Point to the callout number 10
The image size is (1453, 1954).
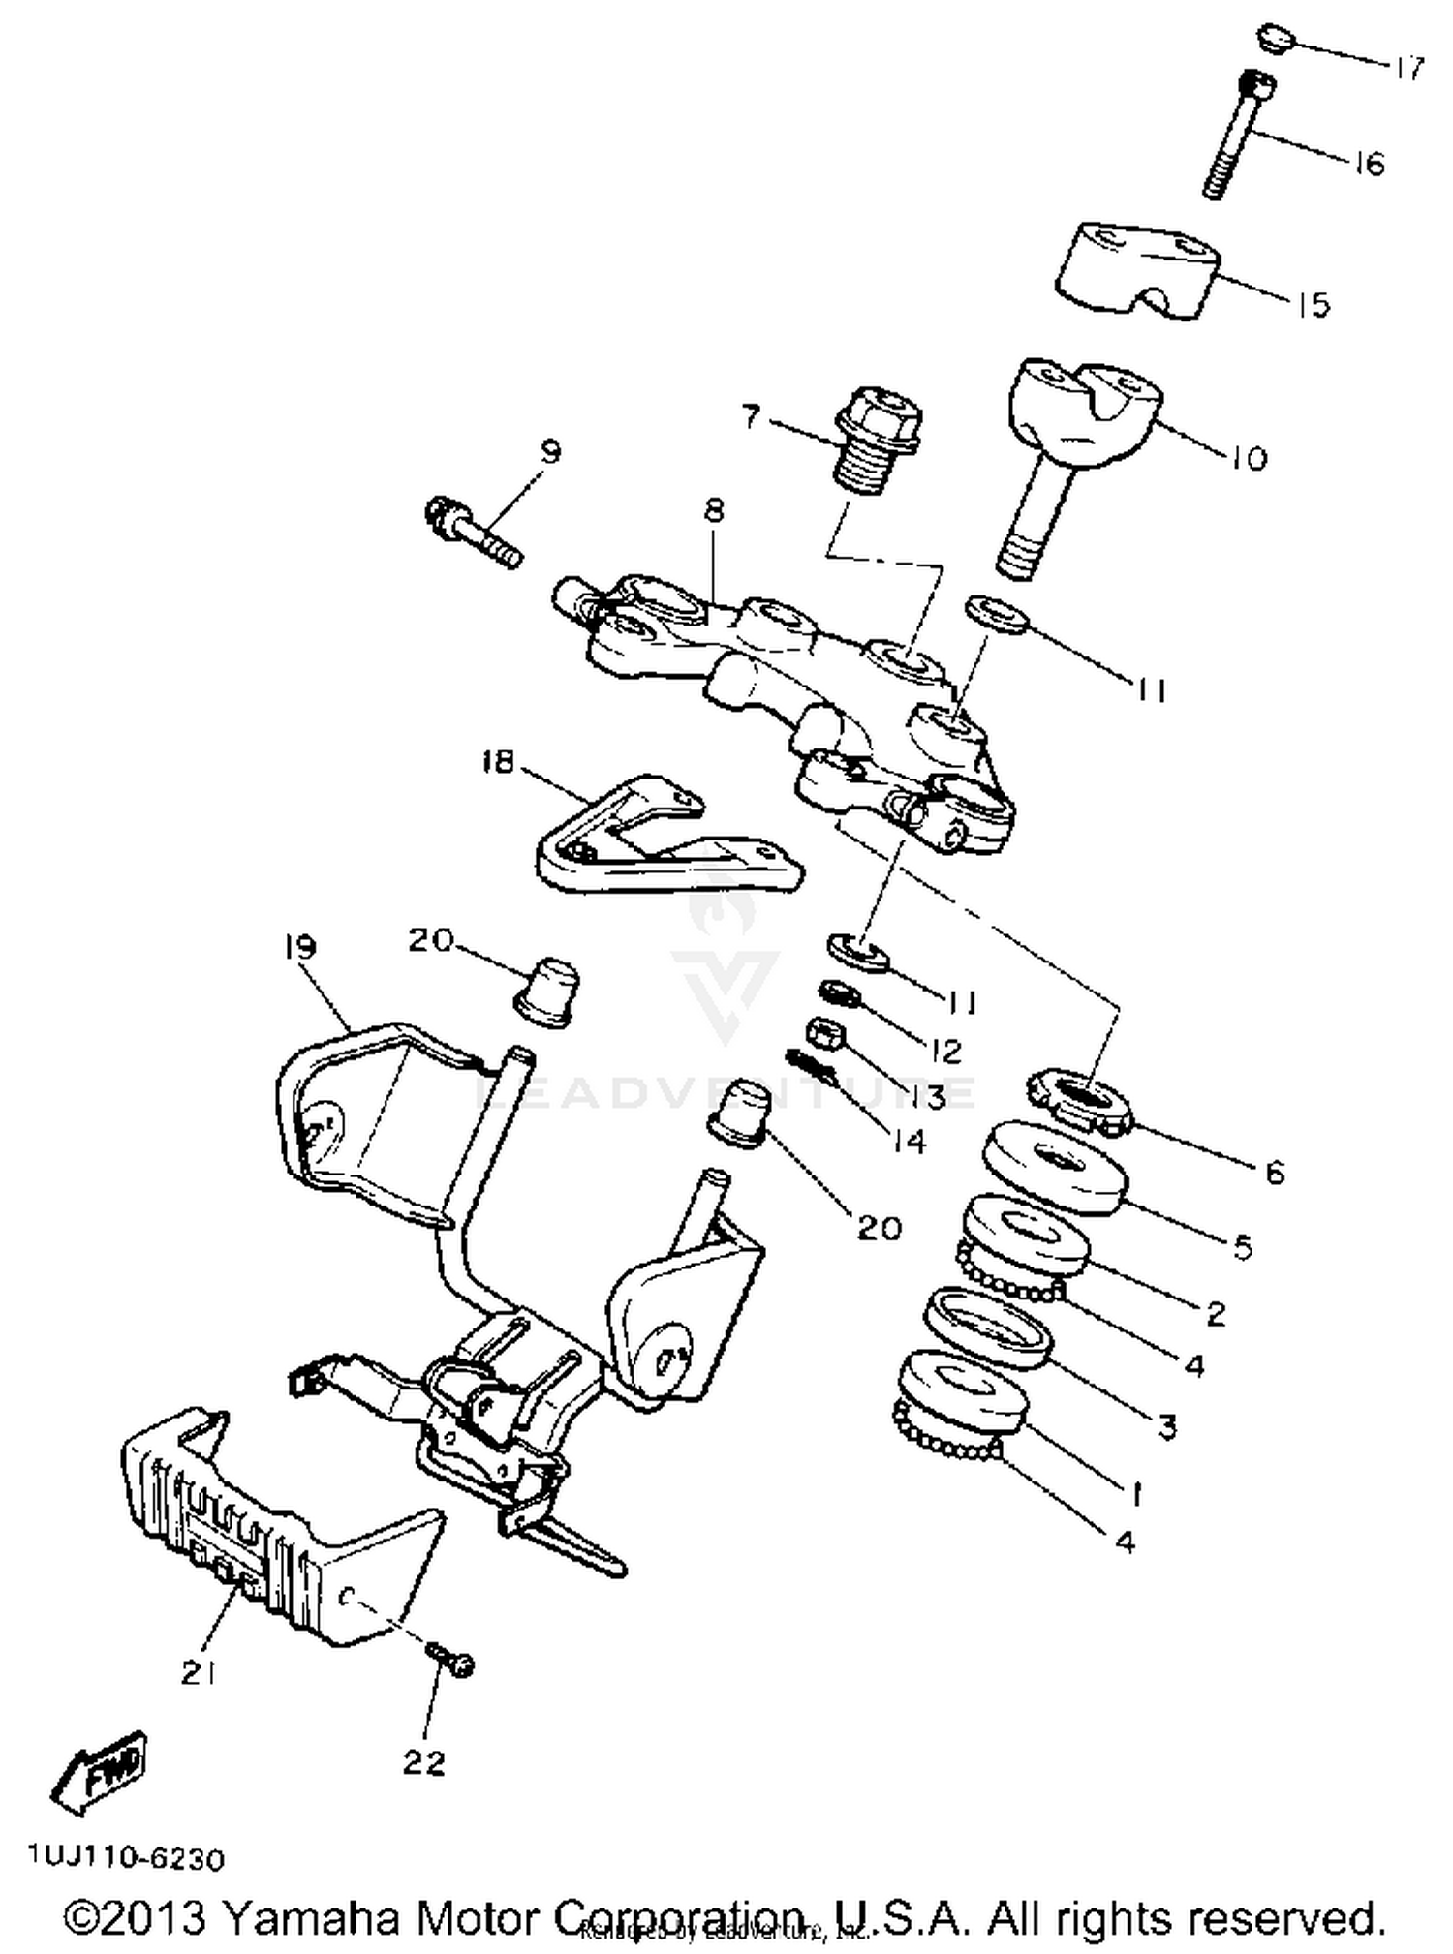[x=1249, y=458]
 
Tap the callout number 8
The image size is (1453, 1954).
[x=714, y=511]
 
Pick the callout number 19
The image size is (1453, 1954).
[x=299, y=946]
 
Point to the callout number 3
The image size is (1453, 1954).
[x=1167, y=1424]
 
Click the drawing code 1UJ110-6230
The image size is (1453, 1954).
[x=126, y=1859]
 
